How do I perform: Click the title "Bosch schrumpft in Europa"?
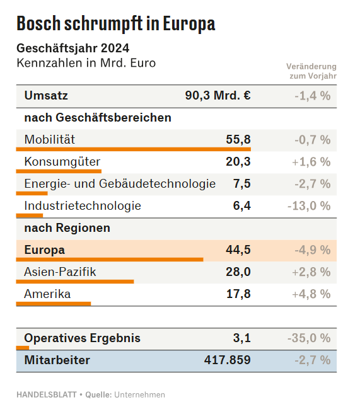[116, 24]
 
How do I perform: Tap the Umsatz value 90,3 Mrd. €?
[218, 95]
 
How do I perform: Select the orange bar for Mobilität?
[134, 149]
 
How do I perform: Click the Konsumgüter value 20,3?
[238, 161]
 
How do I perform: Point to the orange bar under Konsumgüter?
[59, 171]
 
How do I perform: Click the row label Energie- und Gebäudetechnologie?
[120, 184]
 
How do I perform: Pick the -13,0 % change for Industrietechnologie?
[309, 206]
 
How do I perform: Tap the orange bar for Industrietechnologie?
[30, 215]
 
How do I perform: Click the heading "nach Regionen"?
[67, 228]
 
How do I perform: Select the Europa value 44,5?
[238, 249]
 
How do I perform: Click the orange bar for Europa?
[110, 260]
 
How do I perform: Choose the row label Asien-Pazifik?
[60, 272]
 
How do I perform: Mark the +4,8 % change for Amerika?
[311, 294]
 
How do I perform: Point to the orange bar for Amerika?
[54, 304]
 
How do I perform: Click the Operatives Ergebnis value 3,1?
[242, 338]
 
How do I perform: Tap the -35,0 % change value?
[309, 338]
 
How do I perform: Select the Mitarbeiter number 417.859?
[227, 360]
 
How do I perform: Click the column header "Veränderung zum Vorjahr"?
[311, 71]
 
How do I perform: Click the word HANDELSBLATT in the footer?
[47, 394]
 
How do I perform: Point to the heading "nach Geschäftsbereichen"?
[98, 118]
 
